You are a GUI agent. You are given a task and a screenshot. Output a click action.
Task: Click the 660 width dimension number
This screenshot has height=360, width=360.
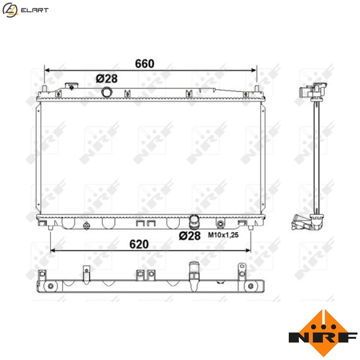pyautogui.click(x=145, y=64)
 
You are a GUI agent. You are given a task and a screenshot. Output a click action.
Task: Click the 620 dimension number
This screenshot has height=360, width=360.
pyautogui.click(x=139, y=244)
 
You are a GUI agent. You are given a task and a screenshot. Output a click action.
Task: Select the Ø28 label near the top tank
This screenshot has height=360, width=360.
pyautogui.click(x=107, y=79)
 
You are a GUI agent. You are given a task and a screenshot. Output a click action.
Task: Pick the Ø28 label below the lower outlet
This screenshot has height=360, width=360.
pyautogui.click(x=190, y=236)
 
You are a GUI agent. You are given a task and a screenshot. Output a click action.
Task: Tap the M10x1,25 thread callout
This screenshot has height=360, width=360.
pyautogui.click(x=223, y=235)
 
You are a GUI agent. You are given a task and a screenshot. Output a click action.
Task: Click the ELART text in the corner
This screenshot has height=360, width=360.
pyautogui.click(x=35, y=10)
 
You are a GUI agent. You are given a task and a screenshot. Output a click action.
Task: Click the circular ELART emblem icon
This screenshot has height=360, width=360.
pyautogui.click(x=10, y=10)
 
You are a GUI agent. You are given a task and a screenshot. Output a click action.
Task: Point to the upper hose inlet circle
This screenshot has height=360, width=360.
pyautogui.click(x=107, y=92)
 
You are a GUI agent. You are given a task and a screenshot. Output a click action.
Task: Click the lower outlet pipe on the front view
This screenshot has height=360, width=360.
pyautogui.click(x=194, y=222)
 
